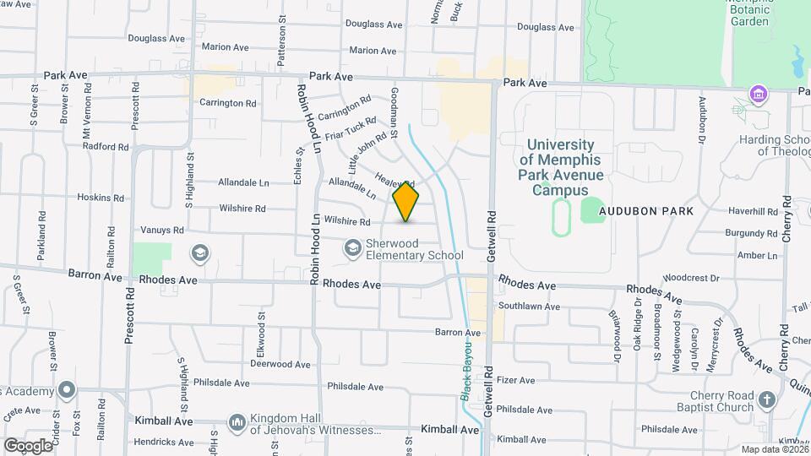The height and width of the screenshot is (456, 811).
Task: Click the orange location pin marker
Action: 406,202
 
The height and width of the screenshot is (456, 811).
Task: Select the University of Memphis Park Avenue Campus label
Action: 561,167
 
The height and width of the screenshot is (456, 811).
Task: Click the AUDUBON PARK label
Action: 646,211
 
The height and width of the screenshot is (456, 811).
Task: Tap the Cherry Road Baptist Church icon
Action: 766,400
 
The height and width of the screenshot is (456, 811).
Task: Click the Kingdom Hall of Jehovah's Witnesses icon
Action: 237,422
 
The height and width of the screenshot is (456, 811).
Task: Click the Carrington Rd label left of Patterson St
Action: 227,103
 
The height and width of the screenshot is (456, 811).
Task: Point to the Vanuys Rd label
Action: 161,230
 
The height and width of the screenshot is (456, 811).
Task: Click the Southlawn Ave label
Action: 529,307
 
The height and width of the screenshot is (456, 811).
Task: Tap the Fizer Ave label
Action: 516,381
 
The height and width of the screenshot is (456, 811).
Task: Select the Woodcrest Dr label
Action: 690,277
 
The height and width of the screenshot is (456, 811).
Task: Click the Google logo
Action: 27,445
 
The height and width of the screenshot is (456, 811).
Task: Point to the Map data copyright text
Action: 775,449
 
